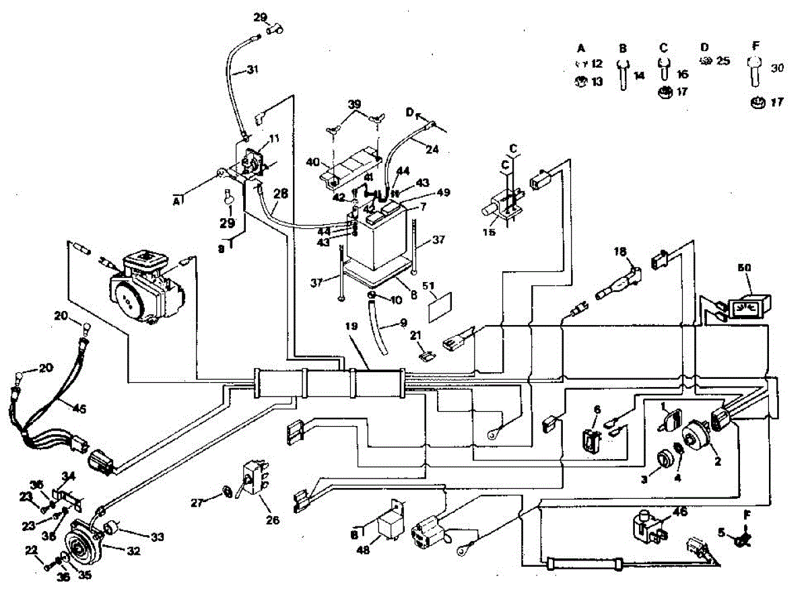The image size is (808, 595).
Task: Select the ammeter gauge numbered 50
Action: (x=747, y=307)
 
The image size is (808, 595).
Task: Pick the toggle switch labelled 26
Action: (x=255, y=480)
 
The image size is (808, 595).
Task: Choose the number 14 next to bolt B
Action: (x=639, y=76)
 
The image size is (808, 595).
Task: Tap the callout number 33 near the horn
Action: (x=157, y=537)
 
